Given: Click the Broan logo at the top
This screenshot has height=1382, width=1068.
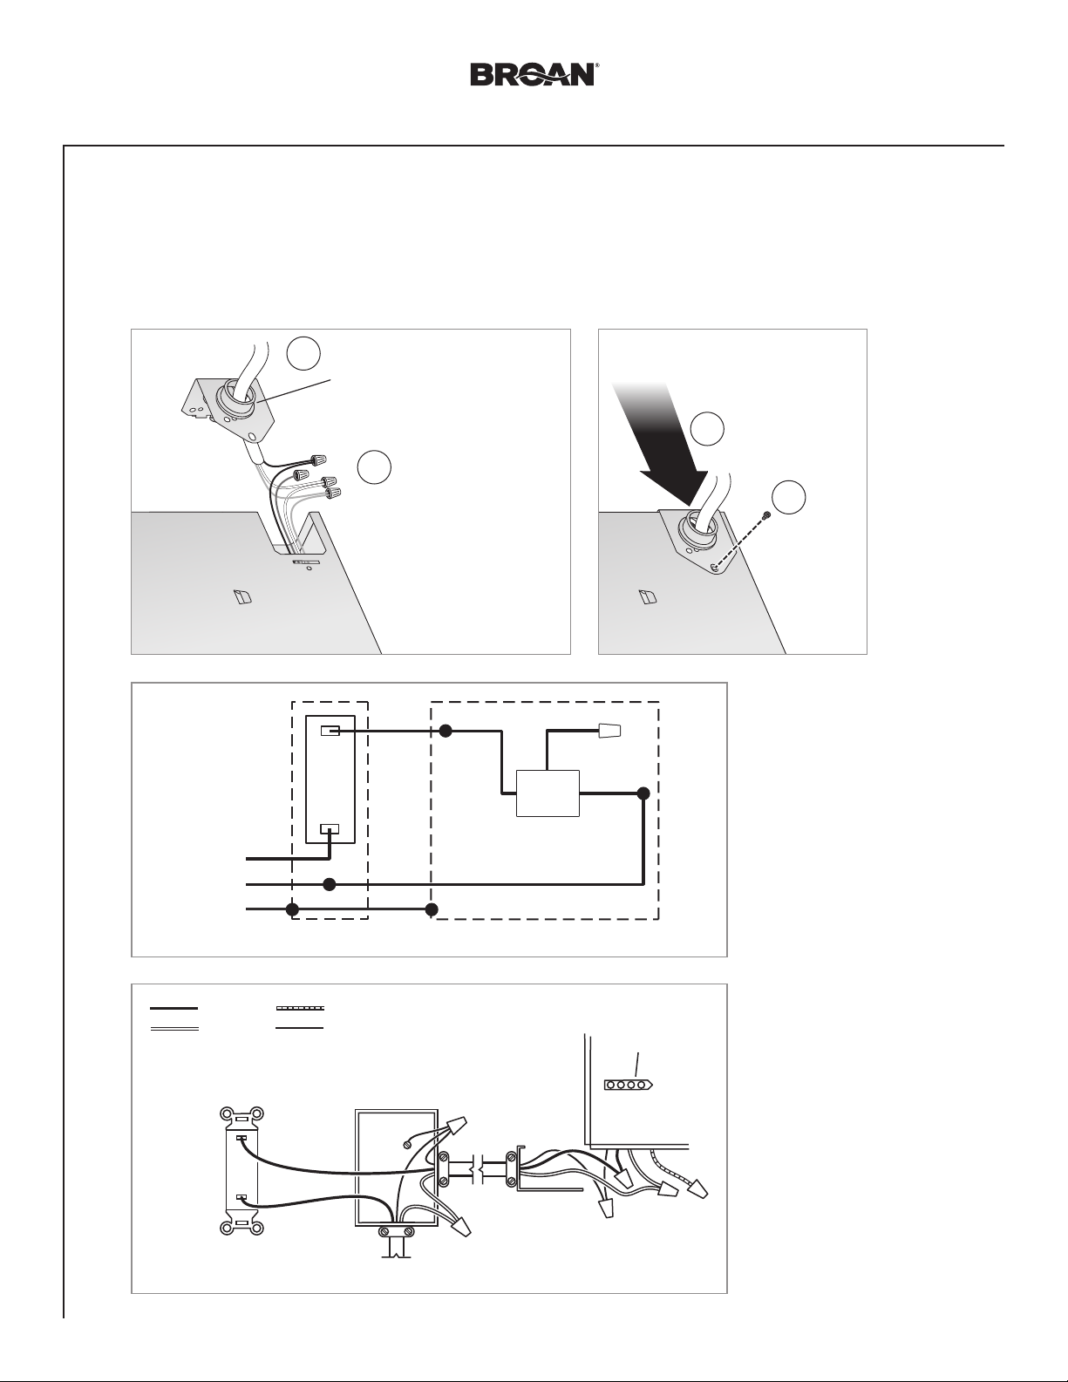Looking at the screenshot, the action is pyautogui.click(x=533, y=74).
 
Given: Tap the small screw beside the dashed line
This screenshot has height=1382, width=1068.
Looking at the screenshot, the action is pyautogui.click(x=767, y=514).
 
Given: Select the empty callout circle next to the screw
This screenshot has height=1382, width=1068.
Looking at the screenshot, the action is pyautogui.click(x=789, y=497).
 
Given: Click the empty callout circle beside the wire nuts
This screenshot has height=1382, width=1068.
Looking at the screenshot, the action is pyautogui.click(x=374, y=467).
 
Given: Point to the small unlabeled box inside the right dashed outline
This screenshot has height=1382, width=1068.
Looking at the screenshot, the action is pyautogui.click(x=548, y=793).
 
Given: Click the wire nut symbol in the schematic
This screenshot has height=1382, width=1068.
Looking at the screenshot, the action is pyautogui.click(x=610, y=731).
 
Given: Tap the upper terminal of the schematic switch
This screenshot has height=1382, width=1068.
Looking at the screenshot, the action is pyautogui.click(x=330, y=732).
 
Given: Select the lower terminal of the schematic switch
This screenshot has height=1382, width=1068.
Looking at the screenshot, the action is pyautogui.click(x=330, y=828).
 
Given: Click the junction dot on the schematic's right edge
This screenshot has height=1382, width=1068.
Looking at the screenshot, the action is pyautogui.click(x=643, y=793).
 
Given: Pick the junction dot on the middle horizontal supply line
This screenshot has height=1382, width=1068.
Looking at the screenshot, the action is pyautogui.click(x=330, y=884).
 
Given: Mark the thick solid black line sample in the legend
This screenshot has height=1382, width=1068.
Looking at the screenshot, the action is pyautogui.click(x=173, y=1009).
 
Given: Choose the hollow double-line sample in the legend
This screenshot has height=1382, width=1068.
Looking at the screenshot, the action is pyautogui.click(x=174, y=1029).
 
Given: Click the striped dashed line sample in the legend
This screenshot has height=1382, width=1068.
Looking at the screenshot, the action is pyautogui.click(x=300, y=1009).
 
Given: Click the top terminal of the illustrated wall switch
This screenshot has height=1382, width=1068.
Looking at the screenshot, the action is pyautogui.click(x=241, y=1139).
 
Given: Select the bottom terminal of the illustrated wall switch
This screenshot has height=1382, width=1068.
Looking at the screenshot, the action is pyautogui.click(x=241, y=1197).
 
